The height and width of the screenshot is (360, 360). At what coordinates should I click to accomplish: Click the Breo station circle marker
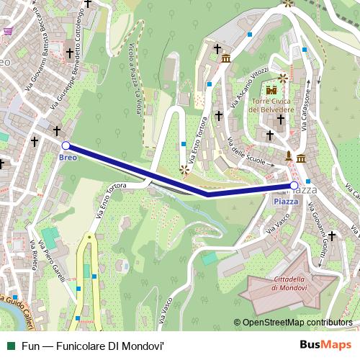pos(66,145)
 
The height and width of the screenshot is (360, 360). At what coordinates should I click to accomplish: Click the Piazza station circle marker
pos(294,186)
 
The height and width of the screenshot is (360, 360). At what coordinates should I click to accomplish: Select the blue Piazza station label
pos(286,202)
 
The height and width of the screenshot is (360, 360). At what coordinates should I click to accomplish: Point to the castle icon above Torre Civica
pos(271,91)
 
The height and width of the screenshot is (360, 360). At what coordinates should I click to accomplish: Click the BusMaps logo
pos(330,345)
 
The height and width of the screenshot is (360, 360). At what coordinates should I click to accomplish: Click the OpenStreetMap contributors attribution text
pos(297,323)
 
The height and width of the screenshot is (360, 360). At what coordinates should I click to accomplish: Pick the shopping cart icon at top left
pos(8,31)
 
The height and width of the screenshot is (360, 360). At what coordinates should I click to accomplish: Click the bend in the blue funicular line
pos(207,194)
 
